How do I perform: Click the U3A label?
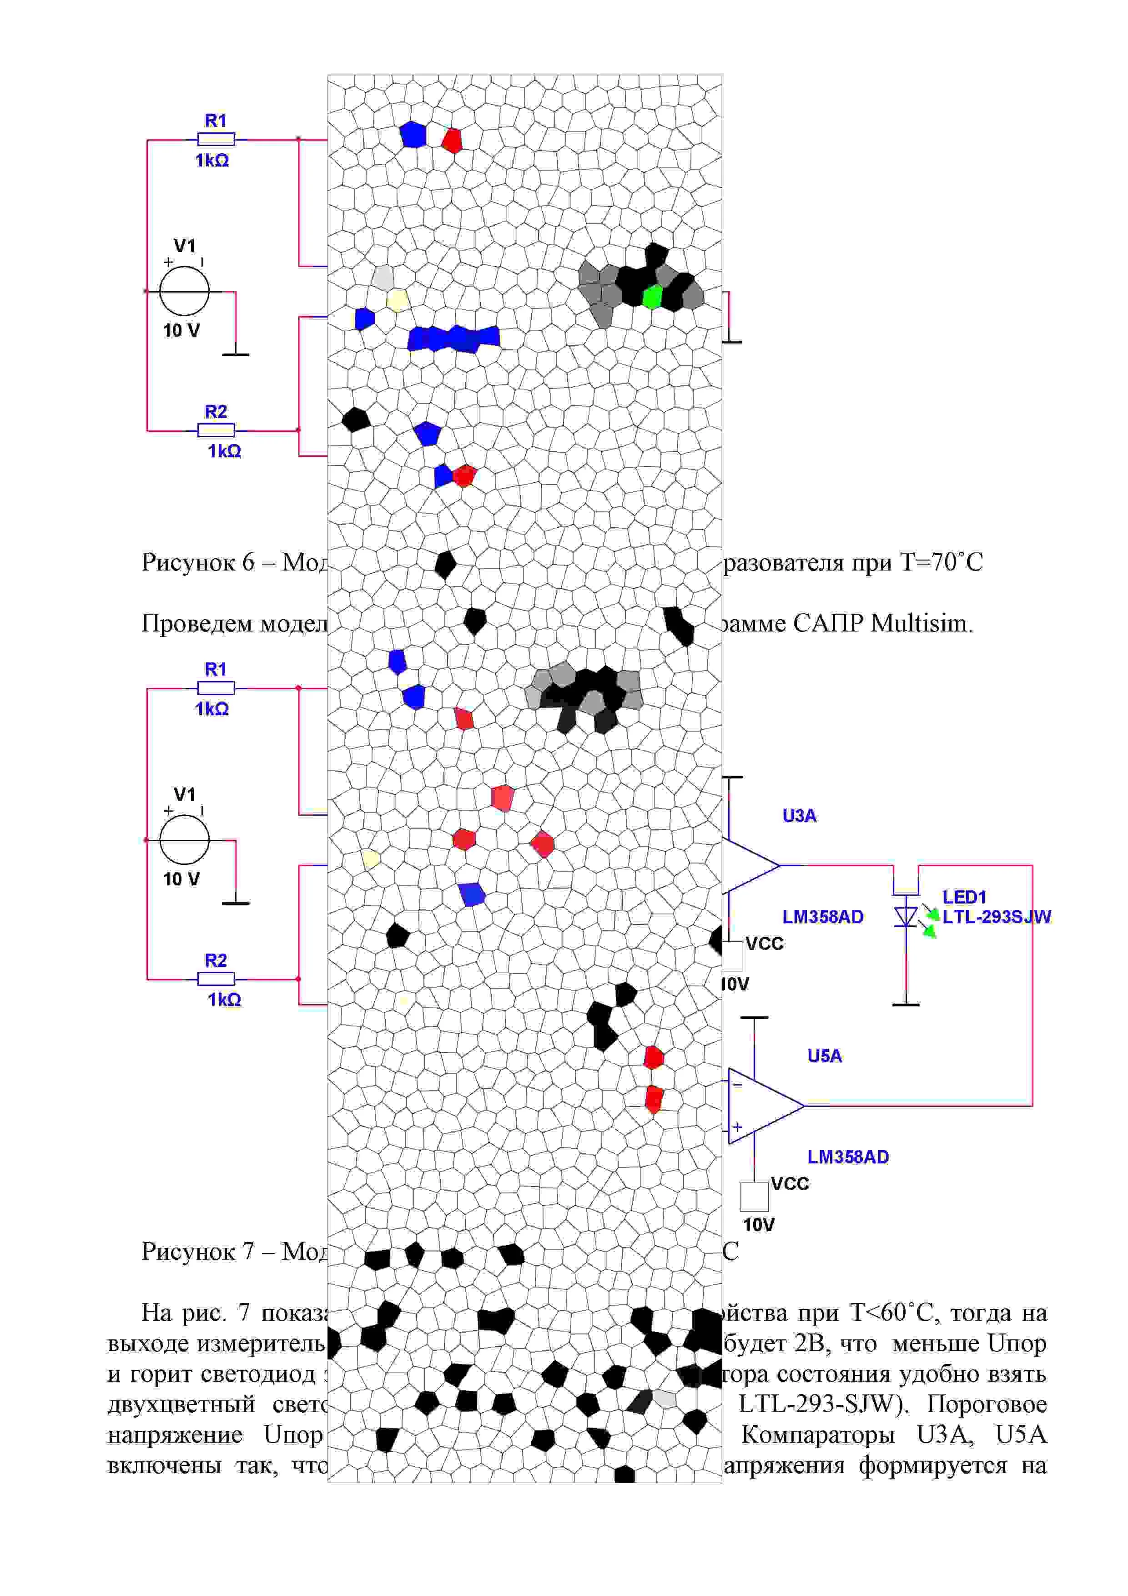pyautogui.click(x=799, y=815)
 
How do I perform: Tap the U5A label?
pyautogui.click(x=824, y=1056)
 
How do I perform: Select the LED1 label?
pyautogui.click(x=964, y=897)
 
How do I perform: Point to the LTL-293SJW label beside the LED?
pyautogui.click(x=997, y=917)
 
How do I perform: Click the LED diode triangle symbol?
pyautogui.click(x=906, y=917)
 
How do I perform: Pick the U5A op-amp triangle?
pyautogui.click(x=761, y=1105)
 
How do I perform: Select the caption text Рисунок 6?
pyautogui.click(x=198, y=562)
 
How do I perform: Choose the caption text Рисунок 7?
pyautogui.click(x=198, y=1251)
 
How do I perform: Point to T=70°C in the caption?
pyautogui.click(x=942, y=562)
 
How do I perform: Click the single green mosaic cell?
pyautogui.click(x=652, y=298)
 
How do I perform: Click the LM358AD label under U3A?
pyautogui.click(x=823, y=917)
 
